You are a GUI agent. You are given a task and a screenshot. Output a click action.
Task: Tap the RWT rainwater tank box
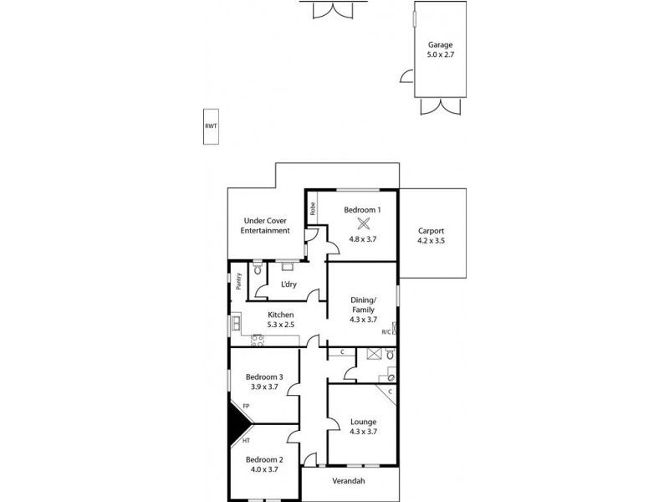click(x=211, y=126)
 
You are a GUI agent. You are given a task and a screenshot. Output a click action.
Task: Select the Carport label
click(x=432, y=231)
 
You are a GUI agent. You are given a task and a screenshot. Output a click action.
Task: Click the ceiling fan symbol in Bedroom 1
click(x=364, y=223)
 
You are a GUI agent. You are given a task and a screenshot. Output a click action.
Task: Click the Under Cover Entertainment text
click(x=266, y=225)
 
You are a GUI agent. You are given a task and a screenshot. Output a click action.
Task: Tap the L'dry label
click(x=289, y=285)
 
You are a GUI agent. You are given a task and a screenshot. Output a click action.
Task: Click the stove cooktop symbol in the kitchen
click(x=258, y=340)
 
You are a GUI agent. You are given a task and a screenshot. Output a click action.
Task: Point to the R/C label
click(x=386, y=332)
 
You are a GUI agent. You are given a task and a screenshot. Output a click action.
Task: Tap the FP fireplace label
click(x=246, y=407)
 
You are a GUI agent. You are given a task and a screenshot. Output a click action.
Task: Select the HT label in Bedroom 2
click(x=246, y=440)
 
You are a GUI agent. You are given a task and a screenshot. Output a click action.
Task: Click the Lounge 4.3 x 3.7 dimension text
click(x=363, y=431)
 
